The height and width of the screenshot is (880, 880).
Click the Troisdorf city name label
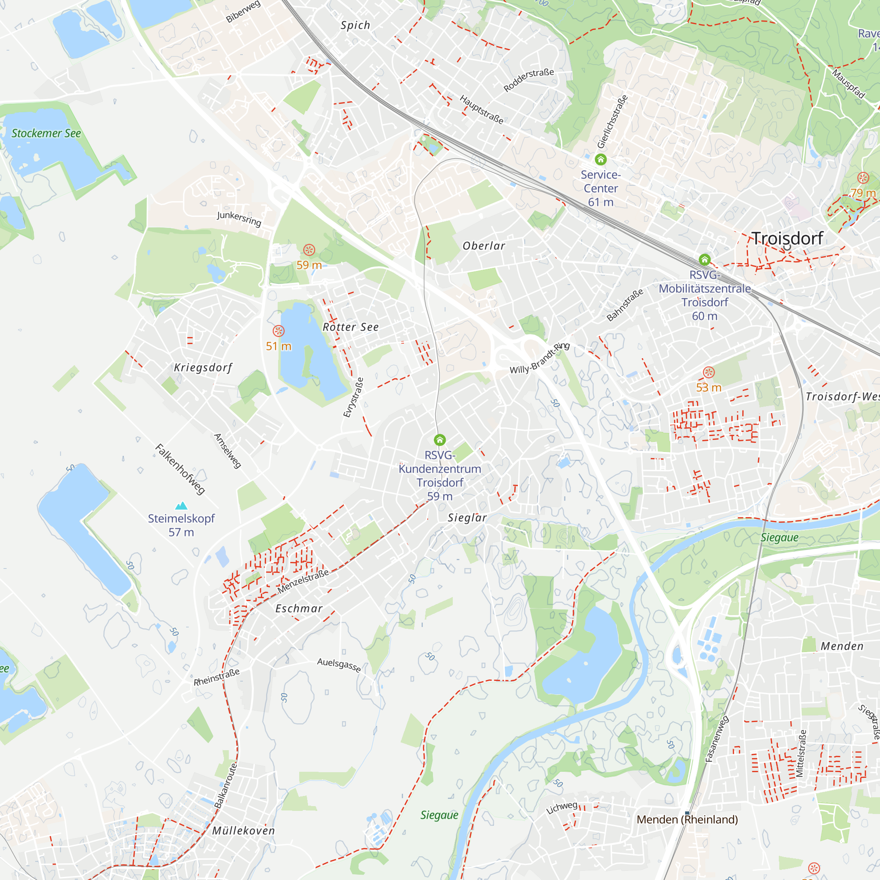coord(787,238)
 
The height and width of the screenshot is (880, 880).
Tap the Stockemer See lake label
coord(46,133)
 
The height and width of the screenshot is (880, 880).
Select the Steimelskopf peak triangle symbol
coord(181,506)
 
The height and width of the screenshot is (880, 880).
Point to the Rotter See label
coord(350,327)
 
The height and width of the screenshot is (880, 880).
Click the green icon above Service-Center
coord(601,159)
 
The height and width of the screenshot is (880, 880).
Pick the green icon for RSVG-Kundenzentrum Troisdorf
coord(440,440)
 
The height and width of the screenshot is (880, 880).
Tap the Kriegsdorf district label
coord(203,367)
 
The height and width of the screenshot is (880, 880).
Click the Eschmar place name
coord(299,609)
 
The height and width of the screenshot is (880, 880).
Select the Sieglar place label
coord(467,518)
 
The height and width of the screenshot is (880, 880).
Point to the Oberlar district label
coord(484,246)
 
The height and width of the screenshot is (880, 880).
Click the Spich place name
coord(355,26)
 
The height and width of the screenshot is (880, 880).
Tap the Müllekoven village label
coord(244,831)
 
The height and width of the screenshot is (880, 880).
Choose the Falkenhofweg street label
coord(180,469)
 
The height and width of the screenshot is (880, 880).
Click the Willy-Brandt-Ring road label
coord(540,358)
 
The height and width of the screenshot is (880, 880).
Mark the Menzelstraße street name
coord(303,581)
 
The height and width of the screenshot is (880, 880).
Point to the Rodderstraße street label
coord(528,80)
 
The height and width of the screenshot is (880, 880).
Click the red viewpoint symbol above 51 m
coord(279,331)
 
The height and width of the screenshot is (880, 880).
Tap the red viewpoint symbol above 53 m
coord(709,373)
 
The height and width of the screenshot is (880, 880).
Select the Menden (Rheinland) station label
coord(687,819)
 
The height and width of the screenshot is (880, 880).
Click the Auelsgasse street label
coord(339,665)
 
